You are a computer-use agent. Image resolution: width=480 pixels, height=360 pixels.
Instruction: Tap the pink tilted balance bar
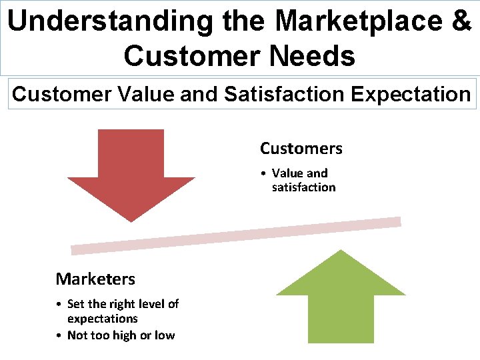(236, 236)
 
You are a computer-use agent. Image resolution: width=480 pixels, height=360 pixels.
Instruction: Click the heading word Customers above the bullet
(301, 148)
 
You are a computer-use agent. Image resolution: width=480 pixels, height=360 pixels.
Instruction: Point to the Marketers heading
(95, 279)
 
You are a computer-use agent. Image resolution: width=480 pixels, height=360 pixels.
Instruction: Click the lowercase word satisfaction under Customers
(303, 187)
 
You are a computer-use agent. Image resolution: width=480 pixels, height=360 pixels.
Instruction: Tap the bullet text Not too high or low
(121, 335)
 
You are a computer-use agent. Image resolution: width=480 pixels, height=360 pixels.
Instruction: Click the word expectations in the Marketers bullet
(102, 319)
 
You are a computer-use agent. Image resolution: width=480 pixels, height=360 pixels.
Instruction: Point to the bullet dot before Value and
(265, 173)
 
